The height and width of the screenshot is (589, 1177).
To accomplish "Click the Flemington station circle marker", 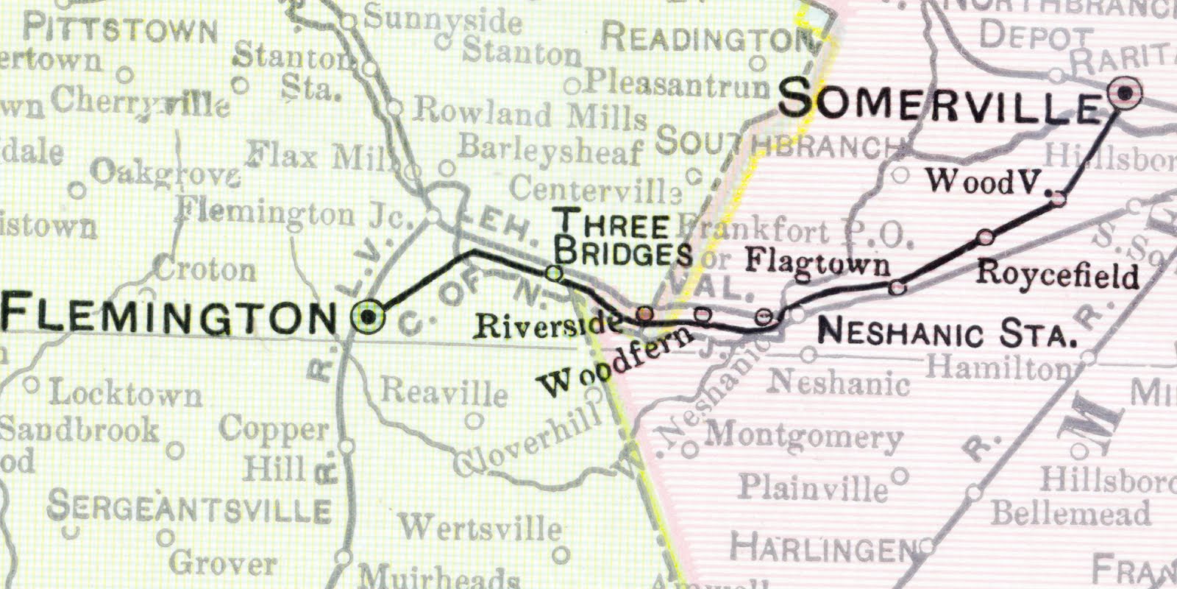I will click(x=369, y=317).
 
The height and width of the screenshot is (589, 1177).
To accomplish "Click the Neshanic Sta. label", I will click(x=947, y=333).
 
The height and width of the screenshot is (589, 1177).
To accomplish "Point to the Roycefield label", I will click(x=1057, y=275).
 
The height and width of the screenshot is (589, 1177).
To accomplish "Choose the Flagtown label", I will click(x=817, y=262).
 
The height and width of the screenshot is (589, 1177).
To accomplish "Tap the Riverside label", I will click(x=545, y=325).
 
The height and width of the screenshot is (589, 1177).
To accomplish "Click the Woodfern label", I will click(x=615, y=362).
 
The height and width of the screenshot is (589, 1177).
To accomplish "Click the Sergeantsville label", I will click(x=189, y=508).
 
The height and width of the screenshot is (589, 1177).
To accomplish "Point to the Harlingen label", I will click(x=824, y=549).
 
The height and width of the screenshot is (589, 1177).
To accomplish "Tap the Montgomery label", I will click(x=804, y=436).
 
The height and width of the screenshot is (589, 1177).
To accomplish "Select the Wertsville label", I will click(x=480, y=527).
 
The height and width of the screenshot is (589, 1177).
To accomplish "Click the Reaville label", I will click(x=444, y=392).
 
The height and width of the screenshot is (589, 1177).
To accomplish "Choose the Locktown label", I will click(x=125, y=394).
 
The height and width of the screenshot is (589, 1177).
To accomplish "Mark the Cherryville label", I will click(x=140, y=101).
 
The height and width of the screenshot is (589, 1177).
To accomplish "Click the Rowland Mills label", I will click(x=530, y=113).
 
